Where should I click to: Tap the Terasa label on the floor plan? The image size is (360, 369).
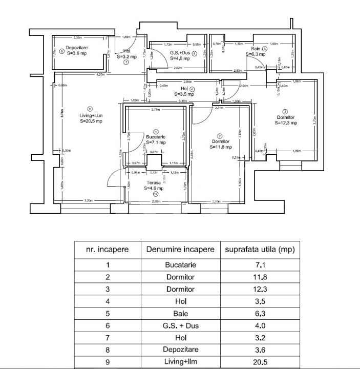[154, 182]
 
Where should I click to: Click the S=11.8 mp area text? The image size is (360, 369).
[221, 146]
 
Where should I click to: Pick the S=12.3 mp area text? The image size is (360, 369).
[285, 122]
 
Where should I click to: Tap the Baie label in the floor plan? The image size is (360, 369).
[255, 48]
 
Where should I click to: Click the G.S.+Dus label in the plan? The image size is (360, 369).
[180, 52]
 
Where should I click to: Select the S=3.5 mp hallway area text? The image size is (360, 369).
[184, 94]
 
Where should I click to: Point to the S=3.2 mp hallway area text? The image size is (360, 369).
[126, 57]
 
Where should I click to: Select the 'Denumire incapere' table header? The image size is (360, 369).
[180, 250]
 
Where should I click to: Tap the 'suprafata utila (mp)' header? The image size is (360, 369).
[260, 250]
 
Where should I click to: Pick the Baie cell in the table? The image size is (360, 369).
[180, 313]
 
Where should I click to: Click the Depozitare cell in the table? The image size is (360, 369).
[180, 350]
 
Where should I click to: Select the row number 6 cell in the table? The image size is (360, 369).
[108, 325]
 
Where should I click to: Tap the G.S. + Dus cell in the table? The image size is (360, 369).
[180, 325]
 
